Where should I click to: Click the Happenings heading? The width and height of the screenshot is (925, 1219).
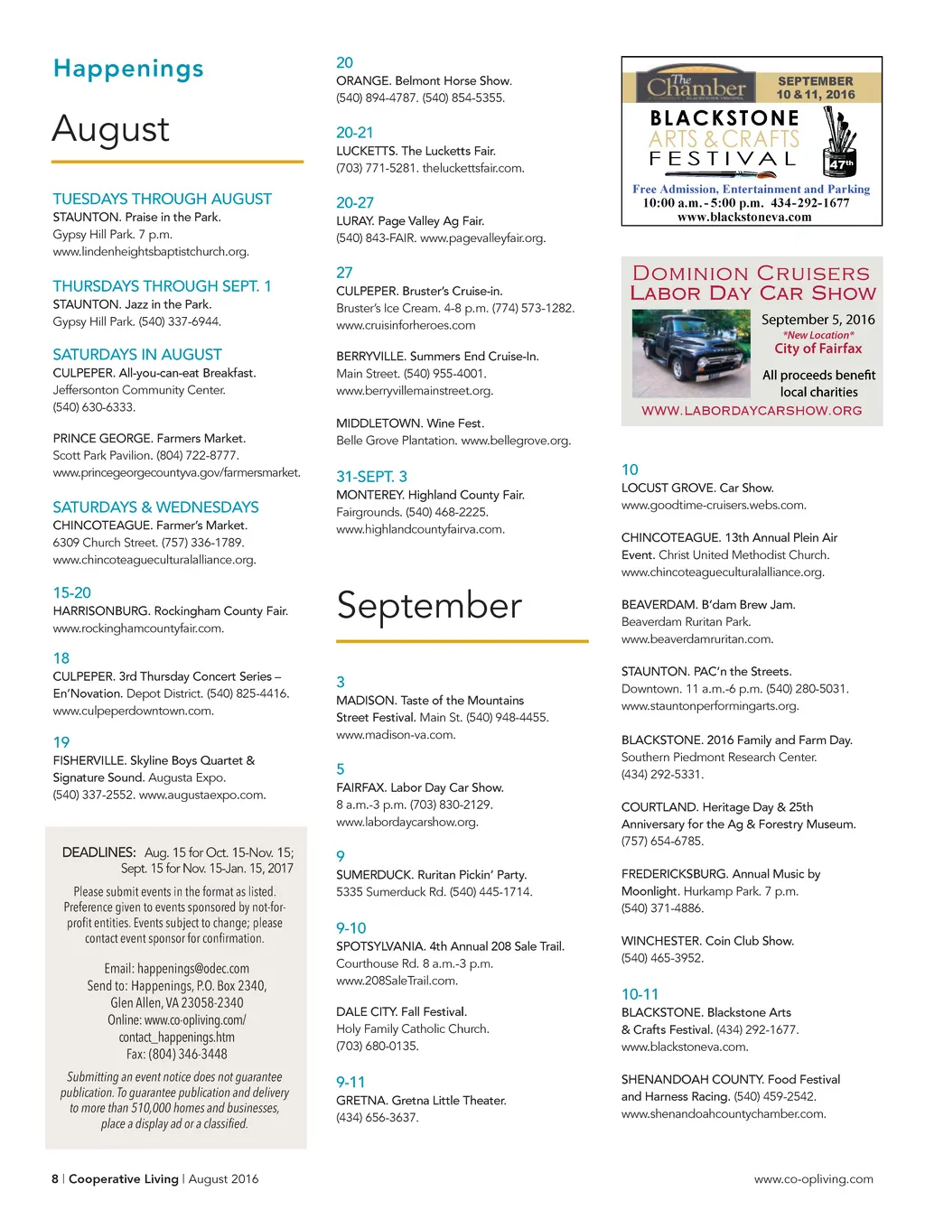click(128, 70)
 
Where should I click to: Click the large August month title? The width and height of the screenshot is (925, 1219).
click(110, 129)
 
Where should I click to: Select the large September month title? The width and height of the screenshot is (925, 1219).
click(429, 606)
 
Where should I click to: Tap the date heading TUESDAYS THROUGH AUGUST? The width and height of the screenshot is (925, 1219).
click(162, 200)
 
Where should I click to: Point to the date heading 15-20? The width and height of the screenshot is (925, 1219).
click(72, 593)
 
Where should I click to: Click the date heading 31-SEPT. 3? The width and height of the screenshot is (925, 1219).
click(371, 477)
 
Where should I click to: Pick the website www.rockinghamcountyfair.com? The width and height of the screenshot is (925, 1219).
click(138, 628)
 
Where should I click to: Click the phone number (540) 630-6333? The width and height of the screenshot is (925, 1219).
click(94, 407)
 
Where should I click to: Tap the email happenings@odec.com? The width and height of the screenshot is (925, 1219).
click(193, 969)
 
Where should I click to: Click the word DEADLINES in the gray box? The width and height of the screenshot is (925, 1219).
click(98, 852)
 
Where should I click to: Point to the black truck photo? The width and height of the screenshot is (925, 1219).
click(691, 353)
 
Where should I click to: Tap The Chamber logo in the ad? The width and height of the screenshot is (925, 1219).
click(696, 86)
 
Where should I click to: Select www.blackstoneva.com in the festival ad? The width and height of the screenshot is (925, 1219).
click(744, 218)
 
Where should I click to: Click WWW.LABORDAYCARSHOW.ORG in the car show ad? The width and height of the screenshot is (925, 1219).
click(752, 411)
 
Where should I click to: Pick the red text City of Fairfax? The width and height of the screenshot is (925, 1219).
click(818, 349)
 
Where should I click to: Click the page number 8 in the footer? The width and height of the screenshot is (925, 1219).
click(55, 1179)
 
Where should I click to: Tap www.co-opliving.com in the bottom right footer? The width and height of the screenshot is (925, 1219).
click(813, 1179)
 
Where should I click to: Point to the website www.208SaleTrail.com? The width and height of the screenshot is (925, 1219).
click(397, 981)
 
